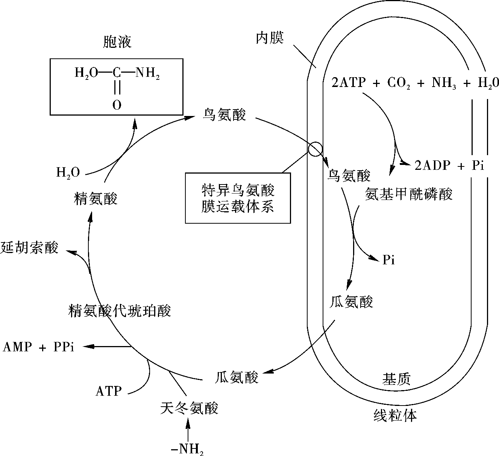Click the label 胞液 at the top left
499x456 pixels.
pyautogui.click(x=117, y=42)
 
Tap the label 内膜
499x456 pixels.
pyautogui.click(x=270, y=38)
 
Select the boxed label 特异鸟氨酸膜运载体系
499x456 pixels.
pyautogui.click(x=238, y=198)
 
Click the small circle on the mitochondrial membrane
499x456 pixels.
pyautogui.click(x=315, y=149)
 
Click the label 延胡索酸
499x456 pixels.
pyautogui.click(x=29, y=247)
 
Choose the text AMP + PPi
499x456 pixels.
pyautogui.click(x=39, y=347)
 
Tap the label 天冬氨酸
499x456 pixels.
pyautogui.click(x=189, y=408)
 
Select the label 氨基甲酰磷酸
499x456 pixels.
pyautogui.click(x=408, y=194)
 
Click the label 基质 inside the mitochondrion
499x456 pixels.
pyautogui.click(x=396, y=378)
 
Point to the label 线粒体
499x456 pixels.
pyautogui.click(x=395, y=415)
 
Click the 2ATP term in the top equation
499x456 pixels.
pyautogui.click(x=349, y=82)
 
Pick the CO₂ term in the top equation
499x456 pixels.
pyautogui.click(x=399, y=83)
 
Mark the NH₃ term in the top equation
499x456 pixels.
pyautogui.click(x=444, y=83)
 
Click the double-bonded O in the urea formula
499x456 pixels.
pyautogui.click(x=117, y=105)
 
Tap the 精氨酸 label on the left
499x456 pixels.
pyautogui.click(x=96, y=198)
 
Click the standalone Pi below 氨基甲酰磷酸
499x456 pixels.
pyautogui.click(x=388, y=260)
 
